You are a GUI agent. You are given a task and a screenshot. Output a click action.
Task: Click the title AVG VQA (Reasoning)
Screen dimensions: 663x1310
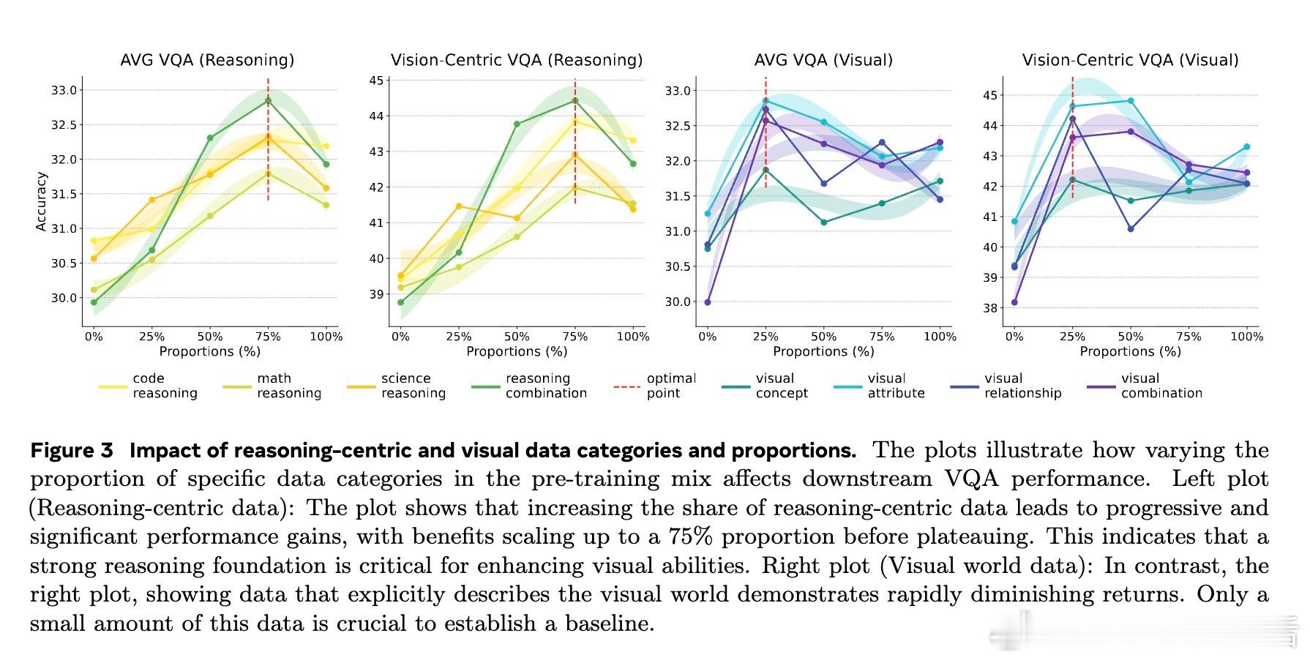(207, 60)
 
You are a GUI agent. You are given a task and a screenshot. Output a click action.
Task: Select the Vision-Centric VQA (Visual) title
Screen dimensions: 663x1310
(1130, 60)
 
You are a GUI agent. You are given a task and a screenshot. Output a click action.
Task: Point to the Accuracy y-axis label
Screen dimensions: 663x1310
(42, 202)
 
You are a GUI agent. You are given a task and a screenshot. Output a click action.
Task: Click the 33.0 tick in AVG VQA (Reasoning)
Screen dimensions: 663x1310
(63, 91)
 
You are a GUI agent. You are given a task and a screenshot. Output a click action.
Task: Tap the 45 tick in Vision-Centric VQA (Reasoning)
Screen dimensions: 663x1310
(376, 80)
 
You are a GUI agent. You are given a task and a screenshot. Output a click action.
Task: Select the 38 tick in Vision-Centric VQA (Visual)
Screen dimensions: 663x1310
(990, 308)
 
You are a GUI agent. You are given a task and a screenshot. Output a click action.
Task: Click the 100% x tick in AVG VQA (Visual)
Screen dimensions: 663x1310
(940, 337)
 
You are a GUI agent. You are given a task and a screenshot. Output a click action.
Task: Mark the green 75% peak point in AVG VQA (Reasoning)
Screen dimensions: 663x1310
(268, 101)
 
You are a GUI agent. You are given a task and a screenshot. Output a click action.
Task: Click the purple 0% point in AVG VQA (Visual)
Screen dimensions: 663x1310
(708, 302)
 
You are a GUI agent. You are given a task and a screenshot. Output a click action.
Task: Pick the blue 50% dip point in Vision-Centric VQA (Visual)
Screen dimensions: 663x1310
(1131, 229)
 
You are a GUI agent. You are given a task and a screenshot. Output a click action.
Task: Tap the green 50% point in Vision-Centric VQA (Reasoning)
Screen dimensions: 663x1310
(517, 124)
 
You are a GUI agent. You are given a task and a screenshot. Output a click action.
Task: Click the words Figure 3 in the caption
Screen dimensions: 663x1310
(72, 451)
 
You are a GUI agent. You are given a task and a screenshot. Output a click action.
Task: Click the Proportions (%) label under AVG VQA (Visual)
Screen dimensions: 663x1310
(823, 351)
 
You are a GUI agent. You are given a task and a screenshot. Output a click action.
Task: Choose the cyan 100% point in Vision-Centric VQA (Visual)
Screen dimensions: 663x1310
(1246, 147)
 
